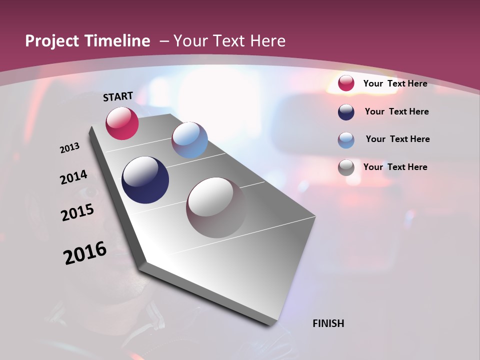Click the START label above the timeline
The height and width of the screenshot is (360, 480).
[x=118, y=96]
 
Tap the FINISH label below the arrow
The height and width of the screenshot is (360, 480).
[x=328, y=323]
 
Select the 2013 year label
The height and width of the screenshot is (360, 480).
[x=69, y=148]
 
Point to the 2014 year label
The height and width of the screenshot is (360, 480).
[x=73, y=177]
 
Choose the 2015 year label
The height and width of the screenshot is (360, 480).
[x=77, y=212]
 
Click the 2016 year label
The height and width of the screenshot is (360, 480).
[x=85, y=253]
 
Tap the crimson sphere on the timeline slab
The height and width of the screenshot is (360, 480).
[x=122, y=123]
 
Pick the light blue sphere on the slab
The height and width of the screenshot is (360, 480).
[x=189, y=140]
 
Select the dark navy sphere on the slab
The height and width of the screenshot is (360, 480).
[x=145, y=180]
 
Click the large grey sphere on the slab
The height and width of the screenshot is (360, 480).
[x=216, y=207]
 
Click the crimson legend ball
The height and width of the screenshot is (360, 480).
[x=346, y=83]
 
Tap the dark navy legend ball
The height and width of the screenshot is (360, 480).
[x=346, y=112]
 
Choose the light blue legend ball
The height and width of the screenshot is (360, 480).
[x=346, y=140]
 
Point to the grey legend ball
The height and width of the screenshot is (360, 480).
[x=346, y=167]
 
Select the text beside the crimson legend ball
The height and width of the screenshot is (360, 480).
[x=395, y=83]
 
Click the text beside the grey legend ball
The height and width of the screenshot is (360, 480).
[x=395, y=167]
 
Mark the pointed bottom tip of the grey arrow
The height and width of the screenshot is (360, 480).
[x=270, y=325]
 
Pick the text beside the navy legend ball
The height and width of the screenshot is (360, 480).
[x=396, y=111]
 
